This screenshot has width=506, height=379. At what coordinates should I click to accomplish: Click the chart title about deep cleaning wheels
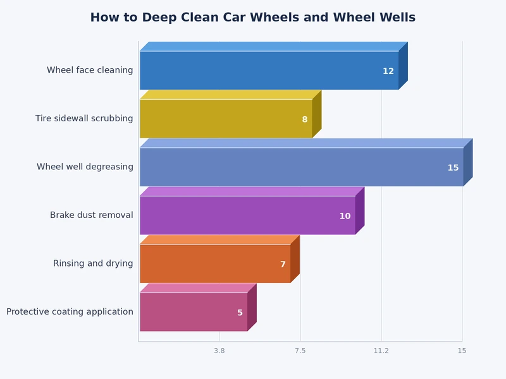click(x=252, y=18)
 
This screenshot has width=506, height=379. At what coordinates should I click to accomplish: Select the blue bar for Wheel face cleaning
click(x=269, y=70)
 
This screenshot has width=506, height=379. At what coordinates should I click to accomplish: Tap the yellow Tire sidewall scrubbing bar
click(x=226, y=119)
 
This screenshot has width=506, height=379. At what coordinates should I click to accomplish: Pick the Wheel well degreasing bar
click(x=301, y=167)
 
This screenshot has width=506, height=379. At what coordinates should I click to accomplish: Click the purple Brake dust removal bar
click(x=247, y=215)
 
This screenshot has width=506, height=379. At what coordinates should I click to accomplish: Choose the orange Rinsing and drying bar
click(x=215, y=263)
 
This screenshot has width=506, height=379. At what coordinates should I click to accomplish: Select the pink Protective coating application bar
click(x=194, y=312)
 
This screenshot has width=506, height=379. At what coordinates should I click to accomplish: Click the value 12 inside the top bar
click(x=388, y=71)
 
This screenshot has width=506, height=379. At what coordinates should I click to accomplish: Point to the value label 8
click(x=304, y=119)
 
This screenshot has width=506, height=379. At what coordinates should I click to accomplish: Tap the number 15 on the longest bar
click(x=453, y=168)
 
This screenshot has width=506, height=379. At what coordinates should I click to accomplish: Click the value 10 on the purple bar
click(x=345, y=216)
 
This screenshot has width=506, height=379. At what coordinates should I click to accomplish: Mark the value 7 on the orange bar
click(x=283, y=265)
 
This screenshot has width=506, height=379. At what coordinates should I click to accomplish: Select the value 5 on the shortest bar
click(x=240, y=313)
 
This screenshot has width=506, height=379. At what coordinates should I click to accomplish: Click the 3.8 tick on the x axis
click(x=219, y=351)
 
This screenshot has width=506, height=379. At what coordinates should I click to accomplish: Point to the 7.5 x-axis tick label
click(x=300, y=351)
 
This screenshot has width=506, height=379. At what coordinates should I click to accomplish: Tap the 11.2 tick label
click(x=381, y=351)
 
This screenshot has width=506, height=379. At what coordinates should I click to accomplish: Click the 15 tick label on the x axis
click(x=462, y=351)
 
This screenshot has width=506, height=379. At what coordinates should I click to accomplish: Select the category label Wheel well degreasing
click(x=85, y=167)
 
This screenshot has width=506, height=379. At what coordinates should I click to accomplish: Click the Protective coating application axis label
click(x=70, y=312)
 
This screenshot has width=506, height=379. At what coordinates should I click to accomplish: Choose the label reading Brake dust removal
click(x=92, y=215)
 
